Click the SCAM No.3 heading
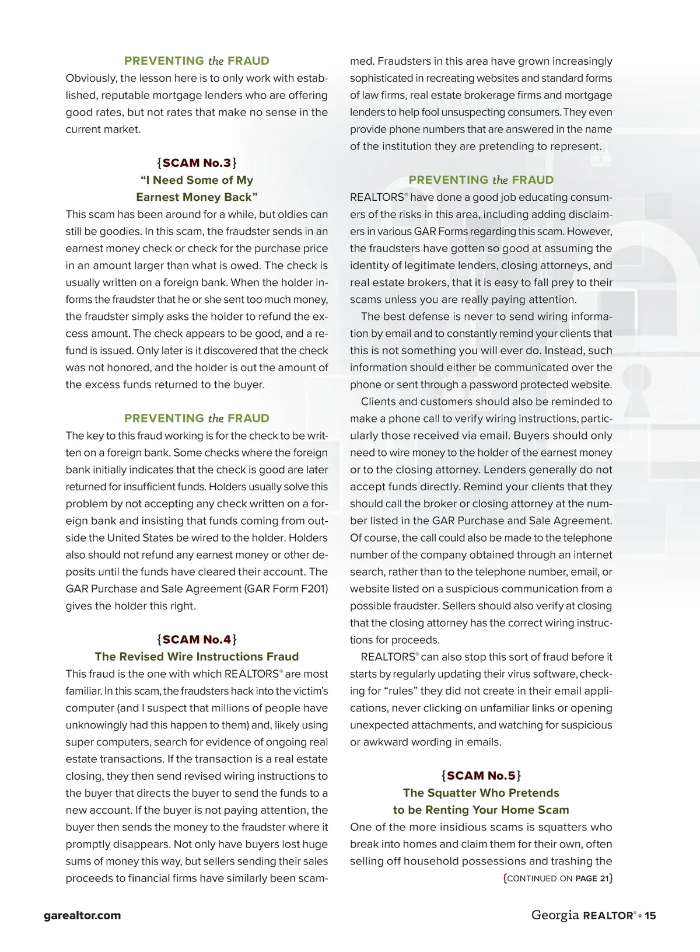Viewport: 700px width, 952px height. tap(197, 163)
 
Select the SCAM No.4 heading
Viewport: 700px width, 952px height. tap(197, 639)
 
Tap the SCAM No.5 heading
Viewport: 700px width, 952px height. tap(481, 776)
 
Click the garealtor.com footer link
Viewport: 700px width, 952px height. tap(82, 915)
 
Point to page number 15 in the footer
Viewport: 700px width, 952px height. tap(650, 915)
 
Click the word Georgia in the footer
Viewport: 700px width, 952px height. tap(555, 915)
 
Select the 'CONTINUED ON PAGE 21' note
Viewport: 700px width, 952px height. tap(558, 878)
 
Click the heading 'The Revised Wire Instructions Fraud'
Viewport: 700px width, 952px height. tap(197, 657)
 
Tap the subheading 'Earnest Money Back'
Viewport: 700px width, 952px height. tap(197, 197)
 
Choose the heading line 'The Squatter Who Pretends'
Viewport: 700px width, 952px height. tap(481, 793)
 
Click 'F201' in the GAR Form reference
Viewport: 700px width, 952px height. tap(315, 589)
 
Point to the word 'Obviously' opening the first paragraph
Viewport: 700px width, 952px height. tap(90, 78)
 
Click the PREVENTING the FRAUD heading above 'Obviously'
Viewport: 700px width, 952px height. tap(197, 61)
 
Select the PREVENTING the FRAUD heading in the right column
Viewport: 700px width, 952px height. tap(481, 180)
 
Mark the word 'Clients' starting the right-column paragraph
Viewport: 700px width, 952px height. tap(379, 402)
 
